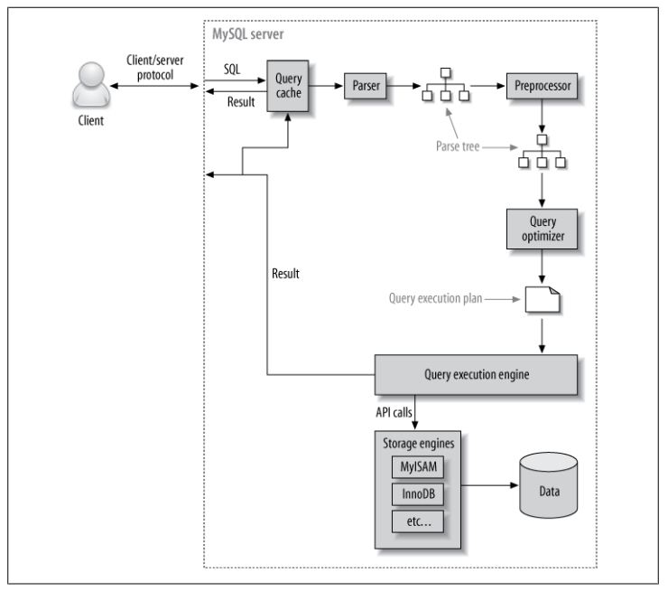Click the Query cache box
coord(288,86)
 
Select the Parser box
coord(365,86)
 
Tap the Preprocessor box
coord(542,86)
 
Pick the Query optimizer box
coord(542,229)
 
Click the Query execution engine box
coord(476,374)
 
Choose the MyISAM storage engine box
coord(417,466)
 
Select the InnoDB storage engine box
coord(417,493)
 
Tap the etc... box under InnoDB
coord(417,521)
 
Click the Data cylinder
coord(549,485)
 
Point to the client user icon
coord(91,84)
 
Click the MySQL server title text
coord(248,34)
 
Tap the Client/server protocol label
coord(155,68)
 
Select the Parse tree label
coord(458,146)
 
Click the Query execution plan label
coord(435,298)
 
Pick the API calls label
coord(394,412)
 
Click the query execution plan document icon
coord(542,299)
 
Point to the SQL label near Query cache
coord(232,69)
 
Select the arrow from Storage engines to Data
coord(489,485)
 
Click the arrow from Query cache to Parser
coord(326,86)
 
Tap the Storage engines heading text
coord(418,444)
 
